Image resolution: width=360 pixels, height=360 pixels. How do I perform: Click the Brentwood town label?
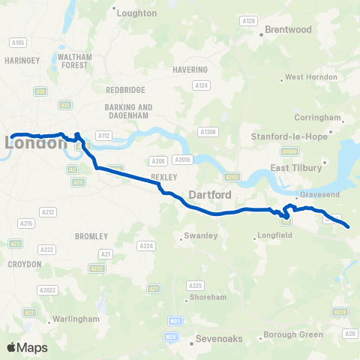click(x=289, y=30)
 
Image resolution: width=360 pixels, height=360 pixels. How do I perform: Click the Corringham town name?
click(x=318, y=118)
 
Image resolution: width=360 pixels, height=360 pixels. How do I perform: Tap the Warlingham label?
click(x=75, y=319)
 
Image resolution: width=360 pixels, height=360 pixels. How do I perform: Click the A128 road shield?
click(x=250, y=20)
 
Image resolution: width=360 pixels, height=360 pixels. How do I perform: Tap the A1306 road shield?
click(x=208, y=132)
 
